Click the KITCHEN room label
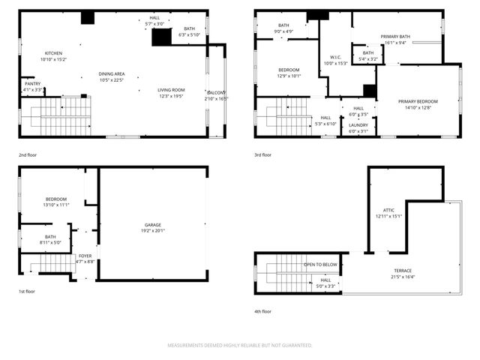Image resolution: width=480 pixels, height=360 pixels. pyautogui.click(x=53, y=53)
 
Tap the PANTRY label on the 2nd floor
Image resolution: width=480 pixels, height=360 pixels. pyautogui.click(x=33, y=83)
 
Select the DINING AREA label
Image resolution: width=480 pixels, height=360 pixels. pyautogui.click(x=112, y=73)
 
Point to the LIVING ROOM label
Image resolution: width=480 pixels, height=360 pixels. pyautogui.click(x=172, y=89)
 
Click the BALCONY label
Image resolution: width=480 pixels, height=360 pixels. pyautogui.click(x=216, y=92)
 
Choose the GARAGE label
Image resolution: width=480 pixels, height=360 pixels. pyautogui.click(x=153, y=225)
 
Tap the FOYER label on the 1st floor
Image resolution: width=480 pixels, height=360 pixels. pyautogui.click(x=85, y=256)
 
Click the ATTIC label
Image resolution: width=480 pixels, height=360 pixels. pyautogui.click(x=389, y=210)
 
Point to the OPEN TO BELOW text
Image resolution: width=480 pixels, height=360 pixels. pyautogui.click(x=320, y=265)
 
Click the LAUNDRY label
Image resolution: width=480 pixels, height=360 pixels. pyautogui.click(x=358, y=125)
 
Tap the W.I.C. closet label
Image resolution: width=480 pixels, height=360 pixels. pyautogui.click(x=336, y=57)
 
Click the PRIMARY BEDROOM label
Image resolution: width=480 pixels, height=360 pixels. pyautogui.click(x=418, y=101)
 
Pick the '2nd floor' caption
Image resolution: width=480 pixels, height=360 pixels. pyautogui.click(x=28, y=154)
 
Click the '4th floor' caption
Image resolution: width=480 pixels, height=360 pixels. pyautogui.click(x=262, y=311)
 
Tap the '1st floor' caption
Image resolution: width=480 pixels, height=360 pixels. pyautogui.click(x=27, y=292)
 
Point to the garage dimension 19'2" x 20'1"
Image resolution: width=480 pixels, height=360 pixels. pyautogui.click(x=153, y=231)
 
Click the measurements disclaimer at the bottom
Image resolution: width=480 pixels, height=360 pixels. pyautogui.click(x=239, y=346)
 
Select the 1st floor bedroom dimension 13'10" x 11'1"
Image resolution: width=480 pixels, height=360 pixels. pyautogui.click(x=56, y=205)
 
